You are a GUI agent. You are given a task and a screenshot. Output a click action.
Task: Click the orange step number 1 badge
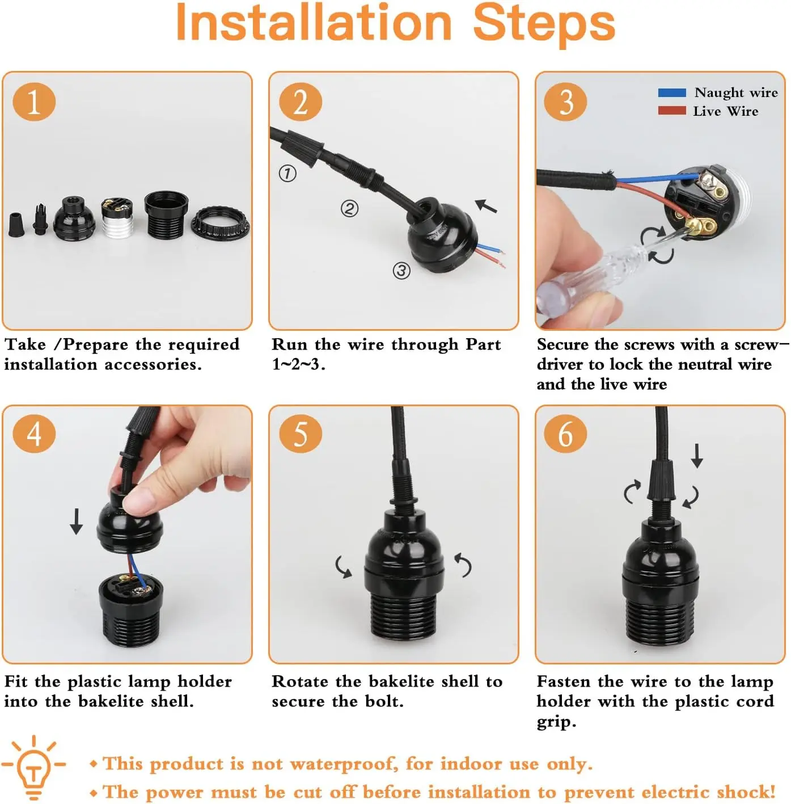34,102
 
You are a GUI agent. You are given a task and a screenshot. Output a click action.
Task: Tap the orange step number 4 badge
34,434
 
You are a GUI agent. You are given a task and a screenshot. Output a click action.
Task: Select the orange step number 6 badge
565,434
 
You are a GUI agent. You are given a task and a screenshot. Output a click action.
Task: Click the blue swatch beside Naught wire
672,92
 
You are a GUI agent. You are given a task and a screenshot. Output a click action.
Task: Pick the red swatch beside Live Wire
672,111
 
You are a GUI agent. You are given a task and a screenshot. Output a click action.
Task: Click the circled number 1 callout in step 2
287,173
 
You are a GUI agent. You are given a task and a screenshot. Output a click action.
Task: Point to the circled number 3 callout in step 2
401,271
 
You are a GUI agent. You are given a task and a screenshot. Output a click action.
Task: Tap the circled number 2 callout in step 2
349,209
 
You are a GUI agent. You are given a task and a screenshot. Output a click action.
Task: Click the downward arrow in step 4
76,521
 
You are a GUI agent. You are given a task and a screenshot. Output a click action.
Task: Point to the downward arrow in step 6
697,456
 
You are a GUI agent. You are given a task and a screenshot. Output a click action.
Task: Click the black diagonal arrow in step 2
486,206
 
